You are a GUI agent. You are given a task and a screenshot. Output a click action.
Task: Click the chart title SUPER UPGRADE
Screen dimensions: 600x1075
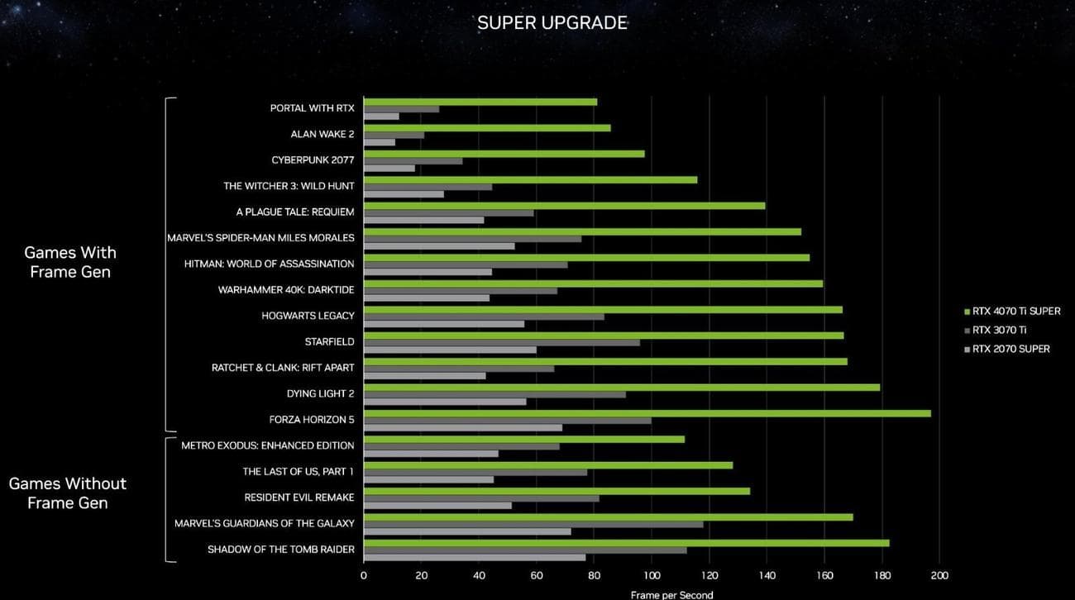click(x=552, y=23)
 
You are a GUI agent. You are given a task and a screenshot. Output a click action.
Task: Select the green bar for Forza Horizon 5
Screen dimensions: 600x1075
click(x=647, y=413)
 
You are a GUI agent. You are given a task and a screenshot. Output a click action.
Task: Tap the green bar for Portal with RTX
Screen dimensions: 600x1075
click(x=480, y=102)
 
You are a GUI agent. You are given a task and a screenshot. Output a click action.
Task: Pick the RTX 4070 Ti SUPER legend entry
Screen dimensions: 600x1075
click(x=1015, y=312)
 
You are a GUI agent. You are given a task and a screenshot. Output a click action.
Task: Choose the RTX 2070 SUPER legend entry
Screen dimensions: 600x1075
click(x=1010, y=349)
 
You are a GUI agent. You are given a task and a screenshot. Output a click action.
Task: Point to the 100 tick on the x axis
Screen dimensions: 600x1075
click(x=651, y=575)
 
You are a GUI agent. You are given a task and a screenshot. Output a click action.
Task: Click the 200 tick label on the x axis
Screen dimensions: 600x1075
click(x=939, y=575)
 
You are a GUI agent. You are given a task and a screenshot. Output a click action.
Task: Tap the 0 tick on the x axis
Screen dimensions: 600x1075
click(x=364, y=575)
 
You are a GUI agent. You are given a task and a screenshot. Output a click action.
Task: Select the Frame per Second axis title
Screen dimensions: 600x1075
click(x=671, y=594)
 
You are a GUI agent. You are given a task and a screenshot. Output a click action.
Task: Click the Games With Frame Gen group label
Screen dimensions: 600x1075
click(x=70, y=262)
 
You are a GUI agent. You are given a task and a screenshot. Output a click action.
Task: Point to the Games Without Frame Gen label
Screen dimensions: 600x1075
click(x=68, y=493)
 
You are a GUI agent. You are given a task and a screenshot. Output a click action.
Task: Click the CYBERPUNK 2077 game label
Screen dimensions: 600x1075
click(x=313, y=160)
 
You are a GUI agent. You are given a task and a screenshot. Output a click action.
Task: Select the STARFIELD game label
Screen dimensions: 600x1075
click(x=329, y=341)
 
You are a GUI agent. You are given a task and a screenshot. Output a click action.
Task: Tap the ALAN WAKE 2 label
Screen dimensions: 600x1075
click(x=322, y=134)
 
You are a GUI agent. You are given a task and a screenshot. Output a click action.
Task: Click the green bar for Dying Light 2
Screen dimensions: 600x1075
click(x=621, y=387)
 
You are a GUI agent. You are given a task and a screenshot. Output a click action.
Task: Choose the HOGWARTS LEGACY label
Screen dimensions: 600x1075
click(x=308, y=316)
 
